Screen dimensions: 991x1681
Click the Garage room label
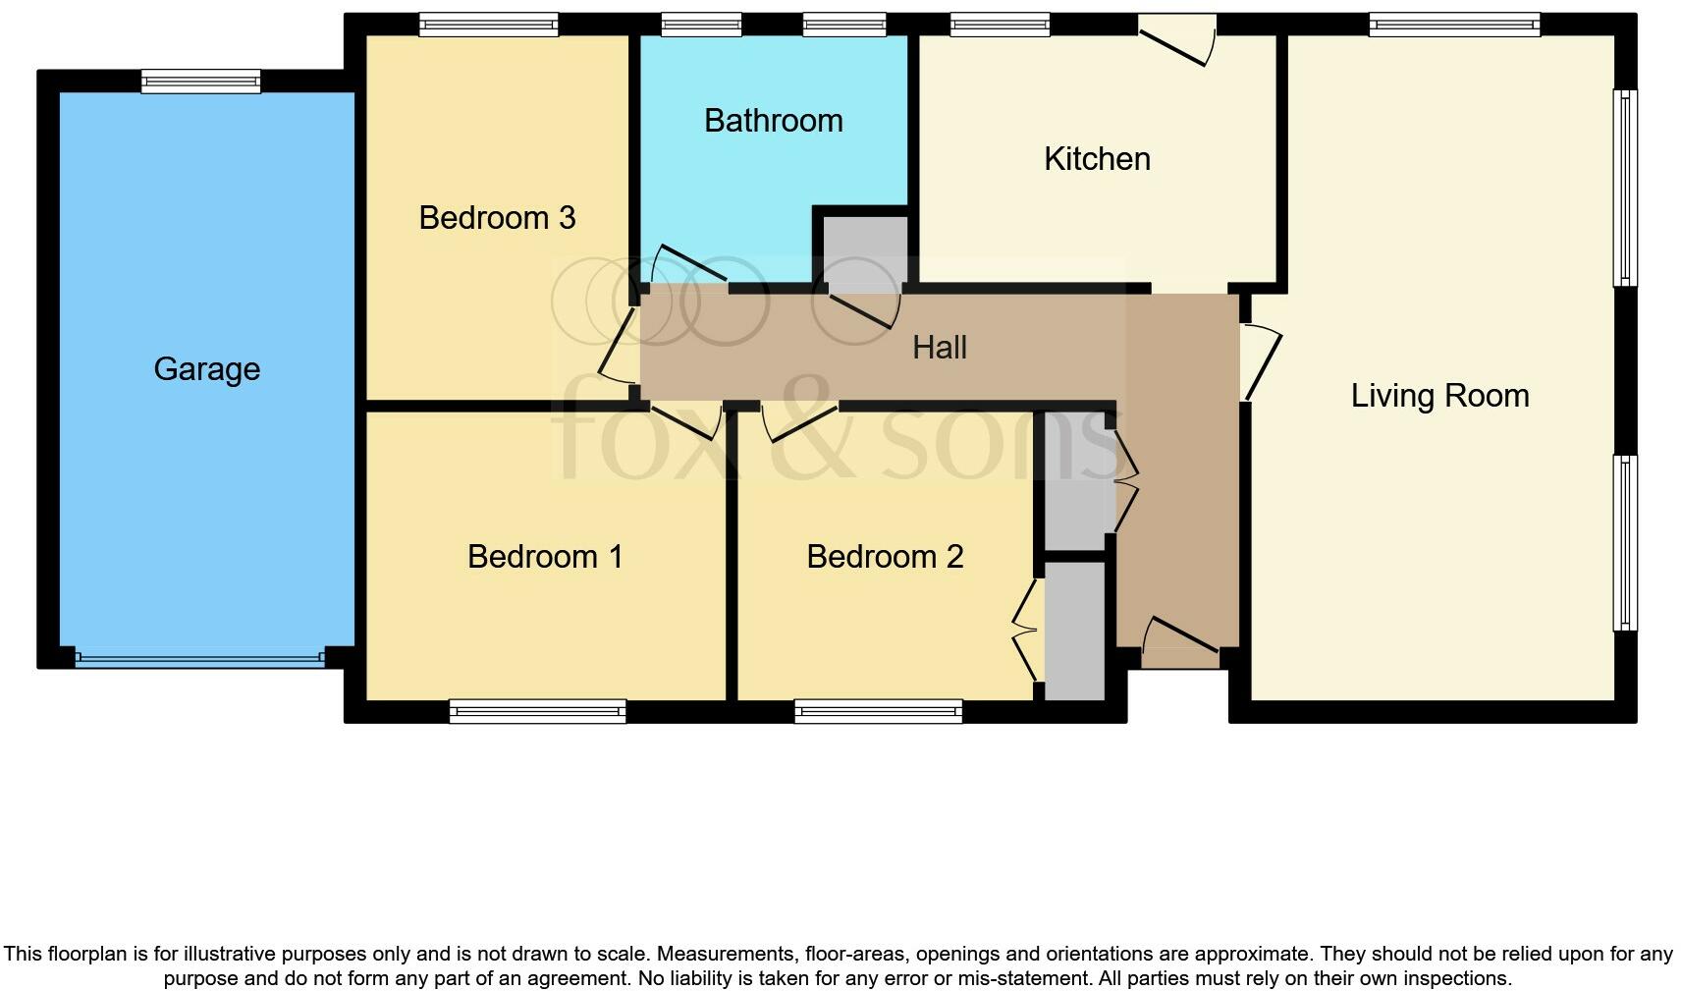206,369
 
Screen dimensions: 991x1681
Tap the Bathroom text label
774,121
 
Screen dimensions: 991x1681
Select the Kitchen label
1097,159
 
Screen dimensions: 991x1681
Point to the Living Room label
1439,396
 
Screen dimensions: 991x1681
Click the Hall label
940,347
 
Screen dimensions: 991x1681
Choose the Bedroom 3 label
497,218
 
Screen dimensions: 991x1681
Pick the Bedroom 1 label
545,557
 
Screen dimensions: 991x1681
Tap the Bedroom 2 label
885,557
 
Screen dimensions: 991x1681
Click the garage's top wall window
201,82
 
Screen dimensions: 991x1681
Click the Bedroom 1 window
537,711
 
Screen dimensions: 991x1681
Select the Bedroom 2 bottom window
879,711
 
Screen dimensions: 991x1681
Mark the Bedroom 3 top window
489,25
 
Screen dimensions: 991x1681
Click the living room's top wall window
1454,25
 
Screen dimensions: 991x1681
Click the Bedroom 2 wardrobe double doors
1026,629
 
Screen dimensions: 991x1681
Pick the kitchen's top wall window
1001,25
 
